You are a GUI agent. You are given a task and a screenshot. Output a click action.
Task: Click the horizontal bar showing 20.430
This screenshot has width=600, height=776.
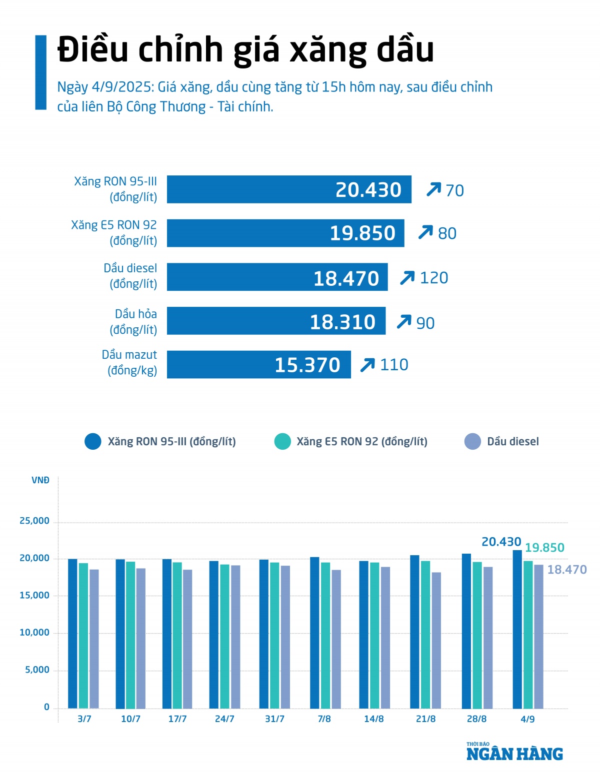[289, 189]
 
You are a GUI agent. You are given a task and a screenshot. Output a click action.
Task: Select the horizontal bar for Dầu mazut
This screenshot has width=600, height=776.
[258, 365]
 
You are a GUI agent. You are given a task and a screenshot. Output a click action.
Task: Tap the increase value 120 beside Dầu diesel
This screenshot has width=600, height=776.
[433, 278]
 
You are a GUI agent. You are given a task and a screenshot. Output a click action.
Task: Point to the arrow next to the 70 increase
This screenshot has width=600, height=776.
[433, 190]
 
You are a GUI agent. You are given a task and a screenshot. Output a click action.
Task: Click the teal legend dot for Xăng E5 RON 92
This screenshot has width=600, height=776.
[282, 442]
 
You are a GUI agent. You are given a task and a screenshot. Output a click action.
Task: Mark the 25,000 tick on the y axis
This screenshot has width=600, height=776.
[34, 521]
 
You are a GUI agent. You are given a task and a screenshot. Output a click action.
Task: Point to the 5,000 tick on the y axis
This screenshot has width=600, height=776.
[37, 670]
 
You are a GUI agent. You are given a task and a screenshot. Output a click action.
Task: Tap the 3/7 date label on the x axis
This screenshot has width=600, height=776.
[84, 719]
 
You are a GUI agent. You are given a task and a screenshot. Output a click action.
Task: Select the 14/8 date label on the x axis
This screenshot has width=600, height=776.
[374, 719]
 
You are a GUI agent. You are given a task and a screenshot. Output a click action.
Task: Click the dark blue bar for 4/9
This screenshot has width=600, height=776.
[517, 630]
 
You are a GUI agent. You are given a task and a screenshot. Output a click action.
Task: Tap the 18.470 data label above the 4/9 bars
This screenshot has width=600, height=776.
[567, 570]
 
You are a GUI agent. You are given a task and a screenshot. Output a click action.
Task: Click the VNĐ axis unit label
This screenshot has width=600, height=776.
[40, 481]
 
